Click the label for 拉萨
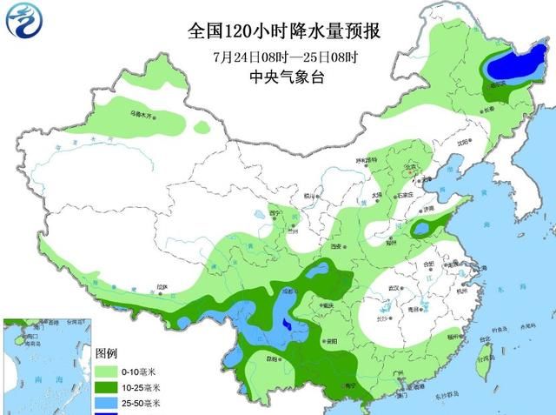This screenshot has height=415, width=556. point(162,286)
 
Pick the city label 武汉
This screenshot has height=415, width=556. point(396,288)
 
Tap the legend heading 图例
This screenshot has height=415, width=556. point(105,354)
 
